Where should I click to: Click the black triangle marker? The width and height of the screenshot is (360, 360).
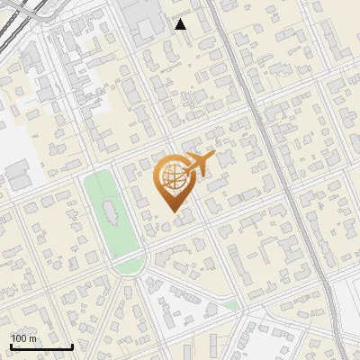[x=181, y=24]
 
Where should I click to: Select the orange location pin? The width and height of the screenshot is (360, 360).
[x=173, y=181]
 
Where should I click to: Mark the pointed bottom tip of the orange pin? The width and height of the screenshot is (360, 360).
[x=173, y=211]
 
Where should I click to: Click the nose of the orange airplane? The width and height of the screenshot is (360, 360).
[x=213, y=156]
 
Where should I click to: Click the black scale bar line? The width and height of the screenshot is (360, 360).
[x=41, y=346]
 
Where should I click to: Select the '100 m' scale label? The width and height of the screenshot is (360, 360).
[x=23, y=338]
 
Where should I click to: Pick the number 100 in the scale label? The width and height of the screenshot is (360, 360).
[x=20, y=338]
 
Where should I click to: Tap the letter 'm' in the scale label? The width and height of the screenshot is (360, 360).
[x=32, y=338]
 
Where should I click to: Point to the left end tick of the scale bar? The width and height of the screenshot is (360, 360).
[x=11, y=345]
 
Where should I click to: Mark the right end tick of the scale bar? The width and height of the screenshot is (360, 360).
[x=72, y=345]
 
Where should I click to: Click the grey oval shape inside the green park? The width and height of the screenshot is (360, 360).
[x=111, y=214]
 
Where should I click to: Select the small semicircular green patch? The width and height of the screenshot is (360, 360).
[x=130, y=265]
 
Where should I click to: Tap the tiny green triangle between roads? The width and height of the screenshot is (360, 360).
[x=231, y=306]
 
